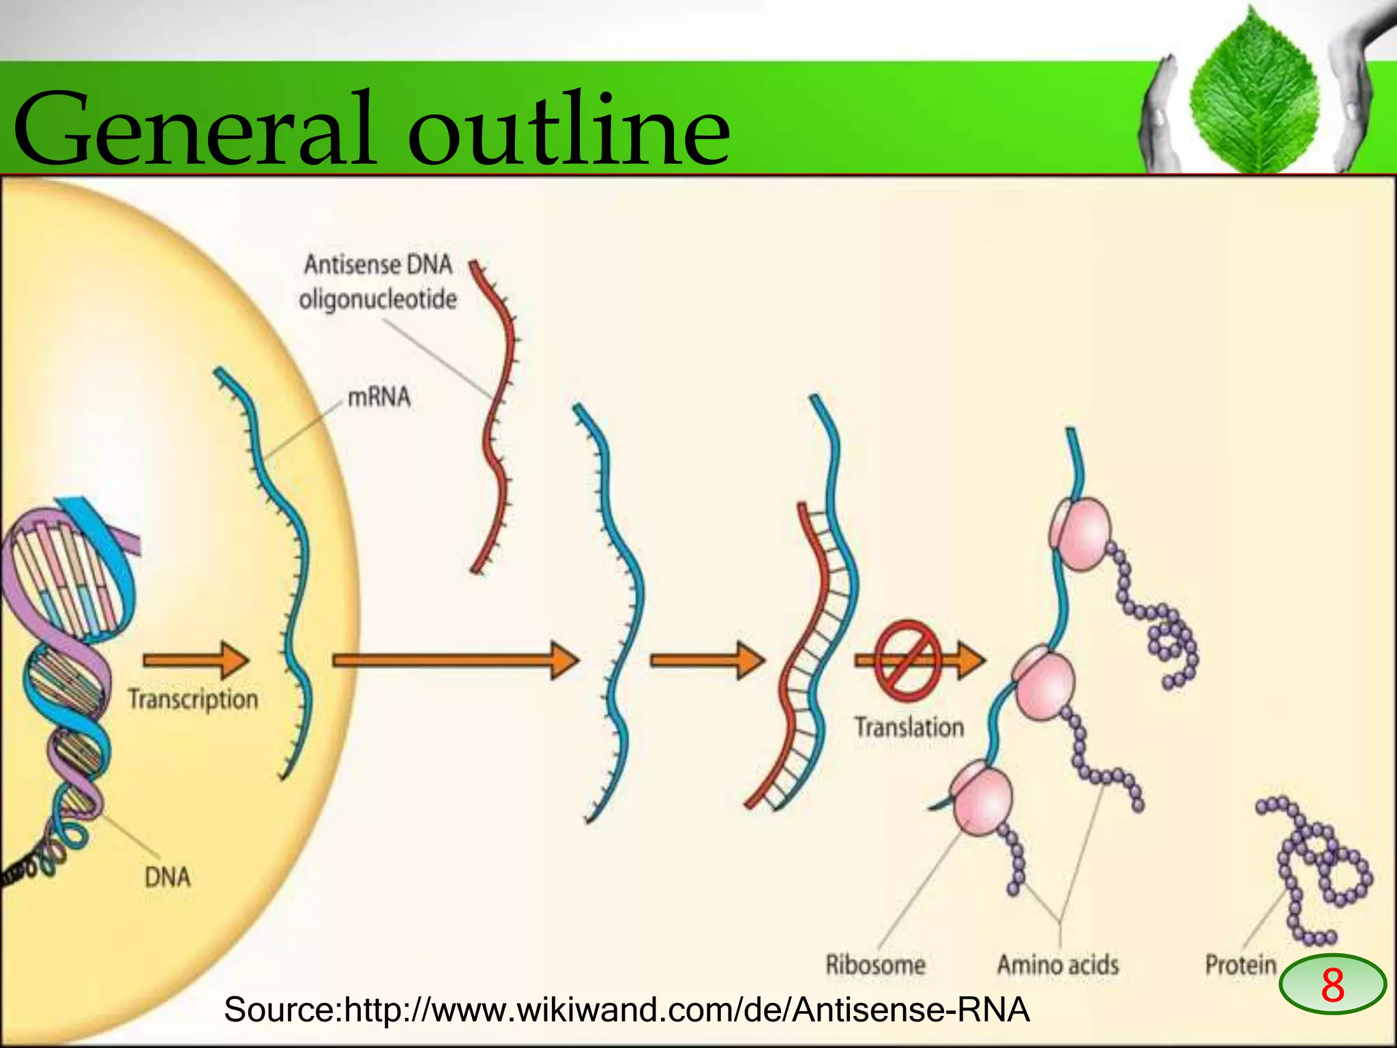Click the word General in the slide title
194,130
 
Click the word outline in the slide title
570,130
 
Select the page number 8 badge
1332,985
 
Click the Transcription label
193,699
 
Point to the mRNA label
379,396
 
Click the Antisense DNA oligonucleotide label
378,282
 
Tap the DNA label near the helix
168,877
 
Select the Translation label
909,727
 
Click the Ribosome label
875,965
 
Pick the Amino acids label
1057,965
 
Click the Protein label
1240,965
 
